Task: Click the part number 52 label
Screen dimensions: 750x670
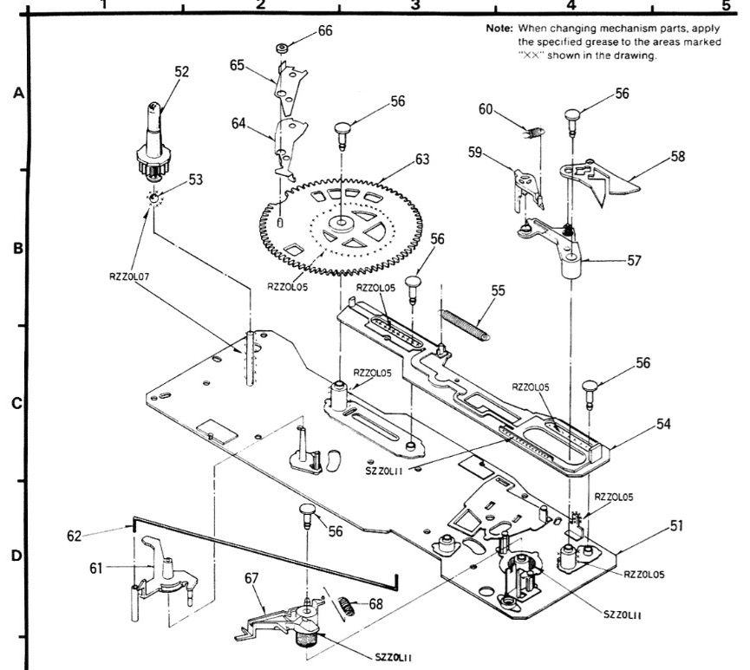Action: [x=181, y=72]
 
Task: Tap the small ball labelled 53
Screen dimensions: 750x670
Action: [x=153, y=198]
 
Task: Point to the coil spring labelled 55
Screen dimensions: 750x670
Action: [x=464, y=325]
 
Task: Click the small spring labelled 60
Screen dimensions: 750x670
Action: [x=534, y=132]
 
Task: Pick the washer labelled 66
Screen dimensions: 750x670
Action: [x=282, y=49]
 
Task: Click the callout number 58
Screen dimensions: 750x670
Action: [x=677, y=156]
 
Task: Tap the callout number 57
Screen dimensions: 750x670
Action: [x=634, y=261]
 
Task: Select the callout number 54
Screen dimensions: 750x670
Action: [x=663, y=424]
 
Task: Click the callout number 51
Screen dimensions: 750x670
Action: [x=676, y=525]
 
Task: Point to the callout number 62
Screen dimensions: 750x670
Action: [x=75, y=537]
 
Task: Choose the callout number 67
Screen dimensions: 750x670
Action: [x=251, y=578]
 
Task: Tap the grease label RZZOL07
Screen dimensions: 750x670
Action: [x=129, y=276]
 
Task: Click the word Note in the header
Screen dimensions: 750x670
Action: [x=499, y=29]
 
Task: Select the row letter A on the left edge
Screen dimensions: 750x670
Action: [x=18, y=93]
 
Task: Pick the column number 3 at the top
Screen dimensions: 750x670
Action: [x=415, y=5]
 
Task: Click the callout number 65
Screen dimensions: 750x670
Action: [x=238, y=65]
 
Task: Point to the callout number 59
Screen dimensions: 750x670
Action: [x=475, y=153]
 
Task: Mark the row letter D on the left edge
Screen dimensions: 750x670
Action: [x=16, y=556]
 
